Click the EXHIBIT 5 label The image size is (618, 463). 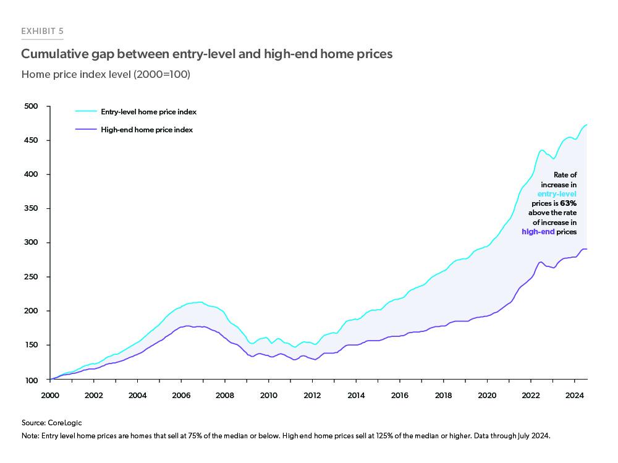click(42, 31)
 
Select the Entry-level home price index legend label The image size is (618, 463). click(148, 112)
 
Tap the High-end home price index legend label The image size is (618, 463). click(146, 130)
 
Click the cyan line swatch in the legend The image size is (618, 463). click(86, 112)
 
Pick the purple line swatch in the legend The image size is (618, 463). click(86, 130)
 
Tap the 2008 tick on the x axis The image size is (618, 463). click(224, 394)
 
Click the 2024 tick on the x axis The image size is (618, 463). click(574, 394)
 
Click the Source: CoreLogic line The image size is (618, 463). click(51, 423)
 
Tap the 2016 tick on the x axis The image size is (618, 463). click(399, 394)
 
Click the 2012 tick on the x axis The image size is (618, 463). click(311, 394)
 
